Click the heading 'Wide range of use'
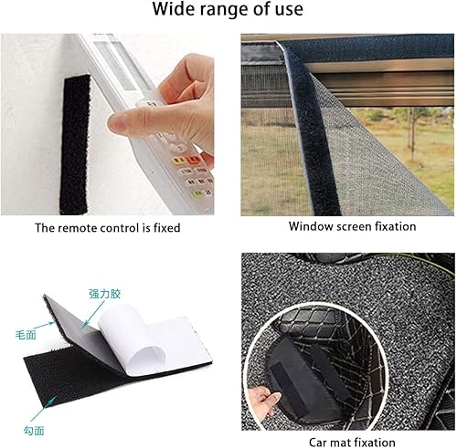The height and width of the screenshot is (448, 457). tap(228, 9)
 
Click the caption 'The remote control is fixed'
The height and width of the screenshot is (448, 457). tap(108, 228)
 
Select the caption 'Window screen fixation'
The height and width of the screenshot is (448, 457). tap(353, 226)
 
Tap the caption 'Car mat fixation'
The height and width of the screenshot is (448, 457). tap(352, 442)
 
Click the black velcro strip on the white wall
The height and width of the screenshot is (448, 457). tap(75, 144)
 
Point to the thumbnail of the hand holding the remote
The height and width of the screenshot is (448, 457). tap(107, 124)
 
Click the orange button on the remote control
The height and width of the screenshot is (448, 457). tap(193, 159)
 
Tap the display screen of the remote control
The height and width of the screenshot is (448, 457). tap(117, 66)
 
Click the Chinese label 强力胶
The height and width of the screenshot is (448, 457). tap(105, 294)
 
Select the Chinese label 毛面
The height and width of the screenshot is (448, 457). tap(26, 335)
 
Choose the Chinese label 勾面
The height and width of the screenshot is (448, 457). tap(34, 431)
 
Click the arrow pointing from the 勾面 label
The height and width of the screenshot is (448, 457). tap(44, 409)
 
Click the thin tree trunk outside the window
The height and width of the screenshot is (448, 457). tap(413, 134)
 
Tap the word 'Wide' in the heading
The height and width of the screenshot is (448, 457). tap(174, 9)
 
